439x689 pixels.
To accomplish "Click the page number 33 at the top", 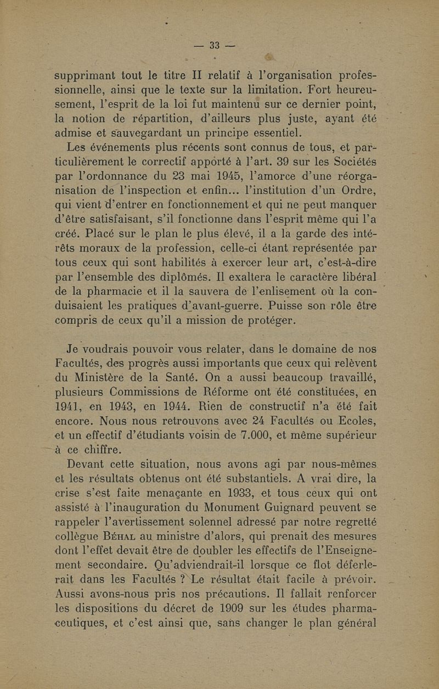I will click(x=216, y=46).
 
